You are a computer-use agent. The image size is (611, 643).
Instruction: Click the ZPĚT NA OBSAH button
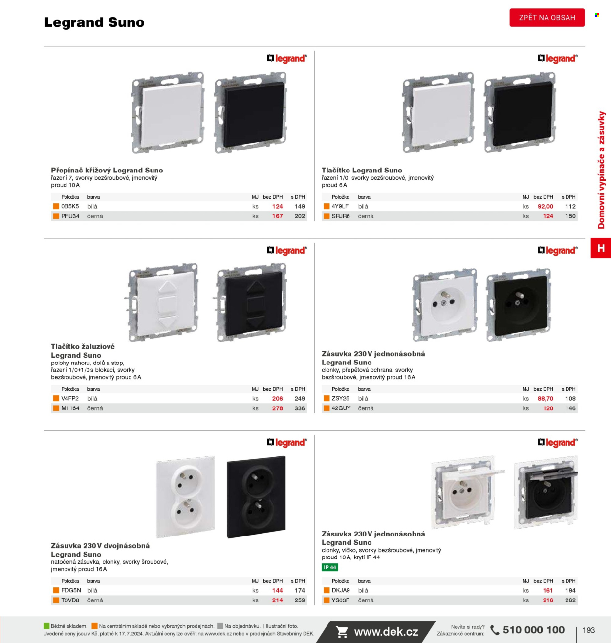(x=547, y=18)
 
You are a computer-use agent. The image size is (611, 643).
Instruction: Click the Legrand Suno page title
(x=94, y=22)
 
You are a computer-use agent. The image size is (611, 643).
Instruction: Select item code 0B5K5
(x=70, y=206)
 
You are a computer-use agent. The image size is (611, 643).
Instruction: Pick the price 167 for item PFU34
(x=277, y=216)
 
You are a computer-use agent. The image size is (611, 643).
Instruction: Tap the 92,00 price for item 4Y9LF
(x=545, y=206)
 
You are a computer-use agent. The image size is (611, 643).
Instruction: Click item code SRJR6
(x=341, y=216)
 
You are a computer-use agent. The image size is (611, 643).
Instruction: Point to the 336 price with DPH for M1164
(x=300, y=408)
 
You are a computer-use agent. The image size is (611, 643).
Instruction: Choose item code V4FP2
(x=70, y=398)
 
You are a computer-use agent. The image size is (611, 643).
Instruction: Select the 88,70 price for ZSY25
(x=545, y=398)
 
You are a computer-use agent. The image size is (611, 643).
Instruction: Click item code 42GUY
(x=341, y=408)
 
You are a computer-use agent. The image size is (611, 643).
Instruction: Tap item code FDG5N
(x=71, y=590)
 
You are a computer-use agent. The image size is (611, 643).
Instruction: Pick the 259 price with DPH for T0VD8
(x=300, y=600)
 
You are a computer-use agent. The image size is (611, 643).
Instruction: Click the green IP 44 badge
(x=330, y=567)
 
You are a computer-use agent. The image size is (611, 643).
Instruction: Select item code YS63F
(x=341, y=600)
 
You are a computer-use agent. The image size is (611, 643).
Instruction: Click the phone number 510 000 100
(x=533, y=630)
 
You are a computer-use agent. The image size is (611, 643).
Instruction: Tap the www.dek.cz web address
(x=386, y=632)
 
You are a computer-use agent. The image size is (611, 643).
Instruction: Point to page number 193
(x=589, y=630)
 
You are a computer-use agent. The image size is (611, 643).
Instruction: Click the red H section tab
(x=601, y=248)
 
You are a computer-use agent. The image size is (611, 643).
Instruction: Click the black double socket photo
(x=256, y=497)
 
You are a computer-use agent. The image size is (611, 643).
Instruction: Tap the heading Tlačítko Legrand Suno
(x=362, y=170)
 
